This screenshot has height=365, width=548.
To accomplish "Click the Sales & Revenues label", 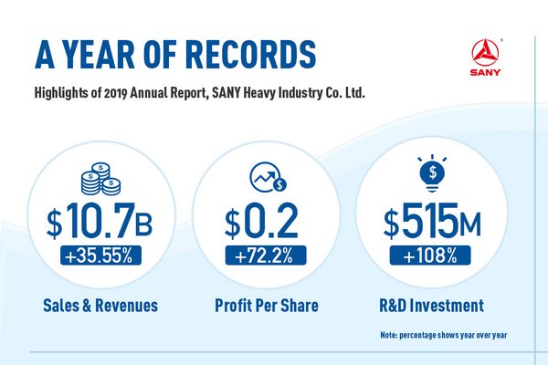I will pos(98,305).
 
